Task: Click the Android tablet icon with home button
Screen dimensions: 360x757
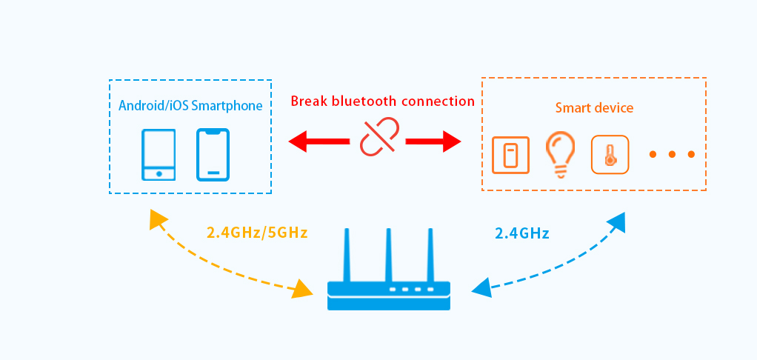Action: [x=159, y=154]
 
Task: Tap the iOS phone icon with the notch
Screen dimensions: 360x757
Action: [x=213, y=154]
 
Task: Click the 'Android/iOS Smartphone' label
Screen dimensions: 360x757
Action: [x=190, y=106]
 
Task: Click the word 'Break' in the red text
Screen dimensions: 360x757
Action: [x=310, y=101]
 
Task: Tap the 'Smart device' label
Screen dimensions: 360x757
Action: [x=594, y=108]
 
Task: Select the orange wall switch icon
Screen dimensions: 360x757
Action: [x=510, y=155]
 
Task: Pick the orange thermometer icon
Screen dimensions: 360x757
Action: [x=610, y=155]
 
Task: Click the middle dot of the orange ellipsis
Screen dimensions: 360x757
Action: [x=672, y=155]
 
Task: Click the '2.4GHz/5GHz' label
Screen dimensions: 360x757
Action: [x=257, y=233]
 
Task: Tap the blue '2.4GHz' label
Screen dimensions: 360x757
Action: [x=521, y=233]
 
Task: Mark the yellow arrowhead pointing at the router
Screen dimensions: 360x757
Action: [x=303, y=288]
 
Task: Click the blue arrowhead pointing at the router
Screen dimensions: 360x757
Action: [x=481, y=287]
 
